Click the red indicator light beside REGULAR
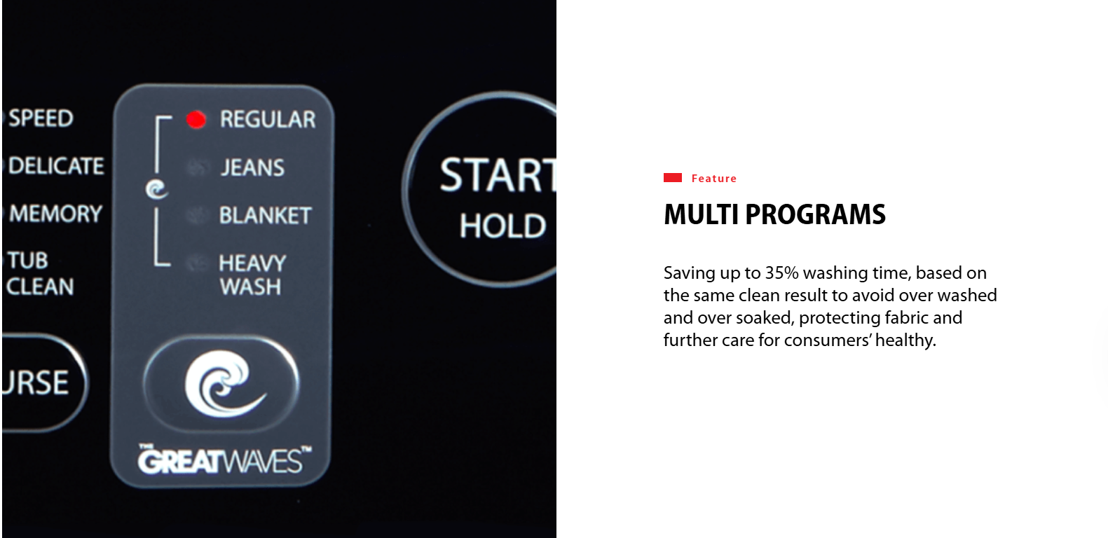pos(196,120)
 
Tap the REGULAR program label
pos(268,120)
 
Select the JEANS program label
pos(252,167)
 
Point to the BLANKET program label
pos(265,216)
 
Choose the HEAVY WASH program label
pos(252,275)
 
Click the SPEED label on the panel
pos(41,118)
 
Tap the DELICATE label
pos(56,165)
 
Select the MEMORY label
pos(55,214)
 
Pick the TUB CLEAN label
pos(40,273)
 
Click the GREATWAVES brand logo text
pos(224,460)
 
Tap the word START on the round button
pos(498,175)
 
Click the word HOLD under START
pos(502,226)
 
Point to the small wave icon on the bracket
pos(157,189)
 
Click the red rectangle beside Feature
pos(673,177)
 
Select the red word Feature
pos(713,179)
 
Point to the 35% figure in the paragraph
pos(782,273)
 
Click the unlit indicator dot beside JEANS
pos(197,167)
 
